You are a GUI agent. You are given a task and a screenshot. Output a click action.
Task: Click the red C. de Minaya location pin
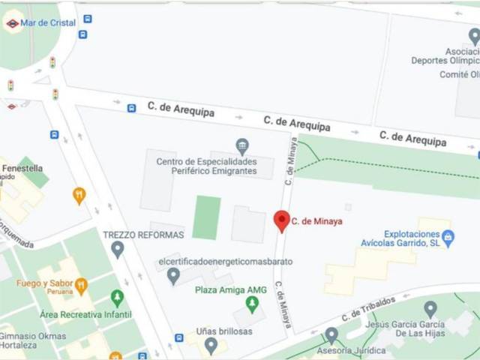282,220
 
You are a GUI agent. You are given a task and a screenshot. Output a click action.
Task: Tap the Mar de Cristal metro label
48,23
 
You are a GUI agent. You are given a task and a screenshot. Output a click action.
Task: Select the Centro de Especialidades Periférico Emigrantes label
206,167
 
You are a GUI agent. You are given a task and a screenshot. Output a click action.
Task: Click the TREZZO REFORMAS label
143,234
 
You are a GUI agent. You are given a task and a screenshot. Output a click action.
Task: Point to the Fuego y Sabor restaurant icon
81,284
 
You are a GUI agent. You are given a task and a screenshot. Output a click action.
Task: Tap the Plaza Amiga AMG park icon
252,304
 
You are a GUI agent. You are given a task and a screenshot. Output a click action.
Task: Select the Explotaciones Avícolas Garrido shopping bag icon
448,238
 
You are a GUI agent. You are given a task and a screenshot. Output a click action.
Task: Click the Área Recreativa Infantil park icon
117,298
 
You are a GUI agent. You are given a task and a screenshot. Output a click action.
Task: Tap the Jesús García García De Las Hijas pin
430,308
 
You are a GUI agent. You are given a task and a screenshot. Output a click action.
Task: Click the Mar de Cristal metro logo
12,23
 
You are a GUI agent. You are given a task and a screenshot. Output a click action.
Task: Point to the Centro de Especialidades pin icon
241,146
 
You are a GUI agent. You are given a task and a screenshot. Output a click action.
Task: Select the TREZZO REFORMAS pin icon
117,249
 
